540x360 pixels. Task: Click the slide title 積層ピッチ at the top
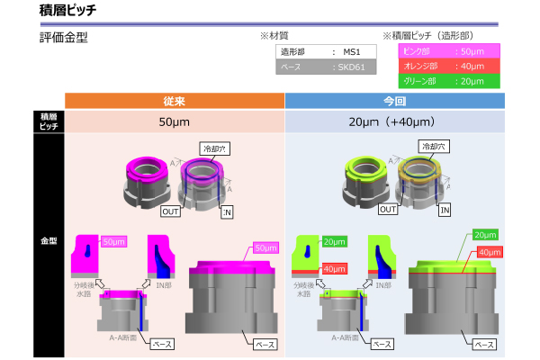coord(68,11)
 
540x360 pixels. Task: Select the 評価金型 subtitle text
coord(64,39)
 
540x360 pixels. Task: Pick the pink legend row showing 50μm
coord(448,51)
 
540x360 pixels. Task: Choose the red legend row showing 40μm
coord(448,67)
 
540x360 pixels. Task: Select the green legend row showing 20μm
coord(448,81)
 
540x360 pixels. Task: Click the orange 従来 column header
coord(175,100)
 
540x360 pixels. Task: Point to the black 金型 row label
coord(49,241)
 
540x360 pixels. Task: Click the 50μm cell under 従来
coord(175,121)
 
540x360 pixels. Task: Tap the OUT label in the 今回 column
coord(389,209)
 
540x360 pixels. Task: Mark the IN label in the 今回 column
coord(445,209)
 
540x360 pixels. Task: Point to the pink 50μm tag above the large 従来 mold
coord(265,247)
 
